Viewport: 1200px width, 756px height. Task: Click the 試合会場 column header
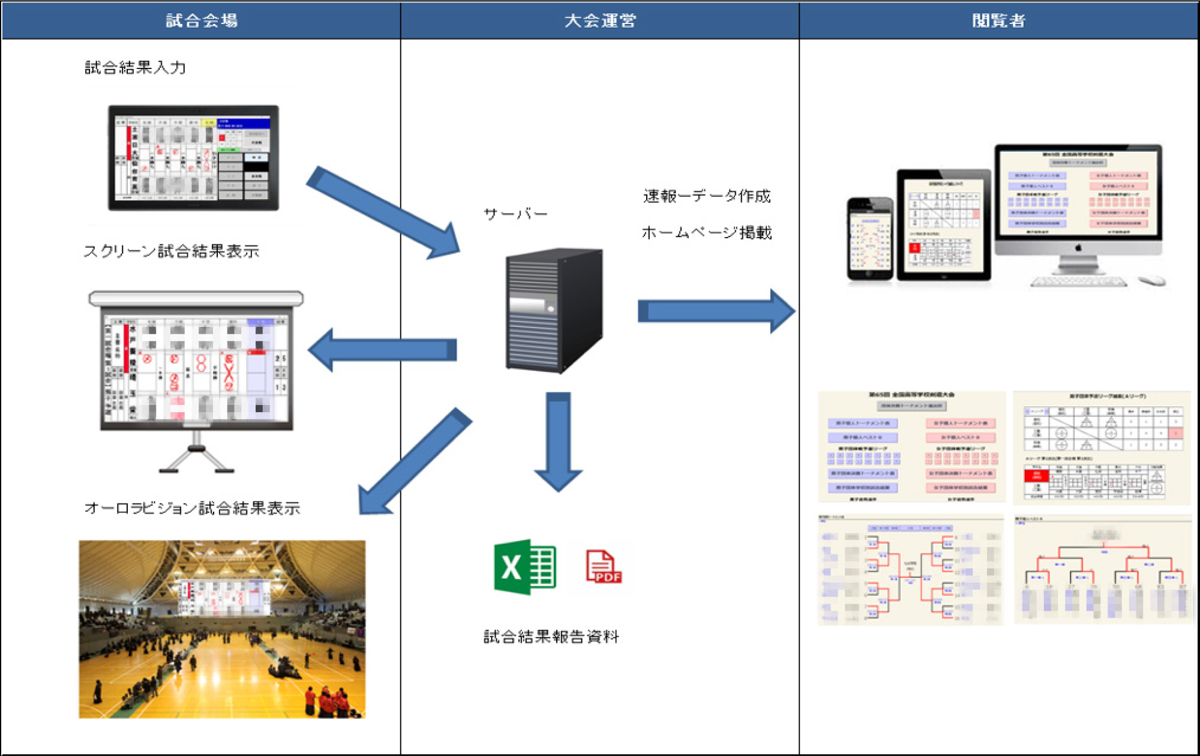click(202, 20)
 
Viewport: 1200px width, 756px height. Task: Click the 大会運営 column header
click(600, 20)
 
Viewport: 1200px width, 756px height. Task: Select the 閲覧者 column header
click(998, 20)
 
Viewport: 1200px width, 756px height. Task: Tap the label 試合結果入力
click(135, 67)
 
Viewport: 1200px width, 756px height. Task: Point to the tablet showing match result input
click(193, 158)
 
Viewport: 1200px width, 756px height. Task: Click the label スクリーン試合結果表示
click(172, 251)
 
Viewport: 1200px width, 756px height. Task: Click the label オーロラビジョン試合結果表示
click(192, 508)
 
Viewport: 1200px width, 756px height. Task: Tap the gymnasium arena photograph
click(222, 629)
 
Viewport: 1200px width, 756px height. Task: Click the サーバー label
click(515, 214)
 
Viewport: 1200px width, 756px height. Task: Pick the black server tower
click(553, 310)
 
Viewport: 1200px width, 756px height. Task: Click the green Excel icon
click(524, 567)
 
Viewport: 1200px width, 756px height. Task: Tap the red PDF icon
click(603, 567)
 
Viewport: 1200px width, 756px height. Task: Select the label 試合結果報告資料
click(551, 637)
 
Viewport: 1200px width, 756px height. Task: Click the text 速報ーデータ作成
click(707, 196)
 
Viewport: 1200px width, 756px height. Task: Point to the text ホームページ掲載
click(707, 232)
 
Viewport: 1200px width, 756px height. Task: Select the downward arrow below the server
click(558, 441)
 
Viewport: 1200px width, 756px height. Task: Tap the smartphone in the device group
click(870, 239)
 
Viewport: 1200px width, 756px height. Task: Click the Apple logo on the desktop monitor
click(1078, 248)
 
